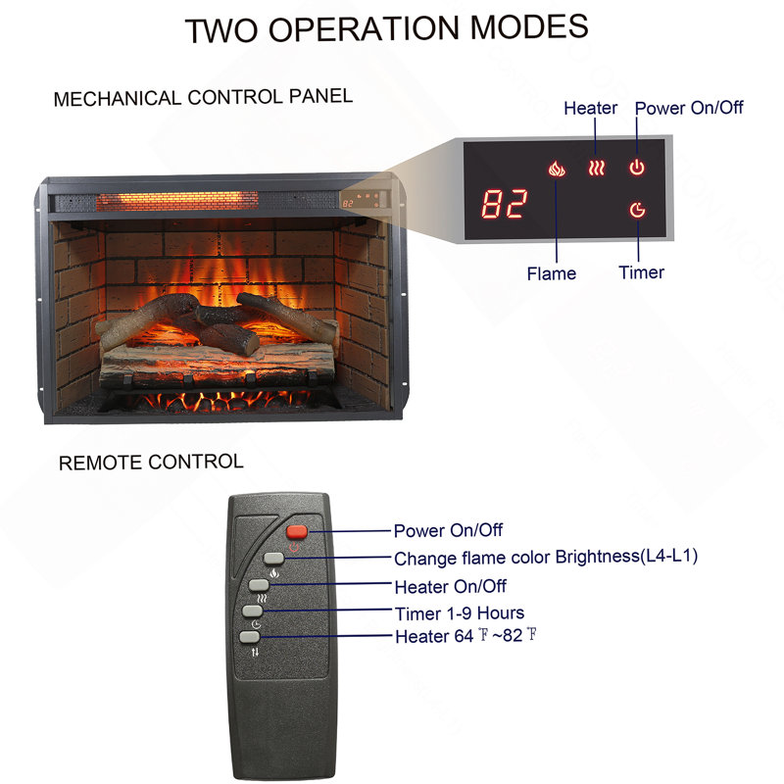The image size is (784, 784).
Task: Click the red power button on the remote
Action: (297, 531)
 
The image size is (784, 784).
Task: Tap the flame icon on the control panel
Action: (557, 169)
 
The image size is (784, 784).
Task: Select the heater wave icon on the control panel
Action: (597, 168)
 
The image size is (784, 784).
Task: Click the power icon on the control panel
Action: (636, 167)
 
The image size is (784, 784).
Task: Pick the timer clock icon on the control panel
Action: (637, 210)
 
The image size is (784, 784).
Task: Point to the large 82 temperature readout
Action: (504, 204)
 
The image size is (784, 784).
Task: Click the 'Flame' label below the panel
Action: (551, 273)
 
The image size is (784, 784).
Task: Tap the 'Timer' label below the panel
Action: (642, 272)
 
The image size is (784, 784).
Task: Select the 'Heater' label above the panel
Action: (591, 108)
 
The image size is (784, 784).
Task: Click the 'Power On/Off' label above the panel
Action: (689, 108)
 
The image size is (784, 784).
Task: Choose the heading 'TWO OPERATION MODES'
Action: (386, 28)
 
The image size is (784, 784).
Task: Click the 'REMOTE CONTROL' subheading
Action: (151, 462)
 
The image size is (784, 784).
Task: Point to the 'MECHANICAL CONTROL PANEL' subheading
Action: (203, 97)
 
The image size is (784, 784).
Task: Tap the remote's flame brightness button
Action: (273, 558)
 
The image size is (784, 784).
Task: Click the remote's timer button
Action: (253, 611)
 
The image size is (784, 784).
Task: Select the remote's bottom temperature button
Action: (250, 636)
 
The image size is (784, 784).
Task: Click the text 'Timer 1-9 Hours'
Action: (460, 613)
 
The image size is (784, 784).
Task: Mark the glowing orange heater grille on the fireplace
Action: (177, 202)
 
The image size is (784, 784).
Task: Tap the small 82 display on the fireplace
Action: (348, 204)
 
